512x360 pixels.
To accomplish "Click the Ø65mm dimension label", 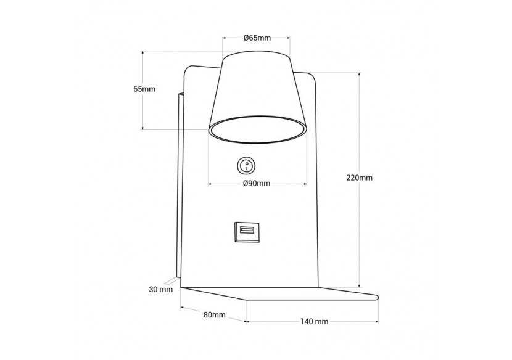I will tap(257, 38).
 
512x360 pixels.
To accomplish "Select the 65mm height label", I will tap(144, 89).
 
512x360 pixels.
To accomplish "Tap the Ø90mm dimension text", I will tap(257, 184).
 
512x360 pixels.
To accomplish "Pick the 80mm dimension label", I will tap(214, 315).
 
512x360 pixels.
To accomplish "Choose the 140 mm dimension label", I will tap(314, 322).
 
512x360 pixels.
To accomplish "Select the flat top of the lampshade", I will tap(257, 54).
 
